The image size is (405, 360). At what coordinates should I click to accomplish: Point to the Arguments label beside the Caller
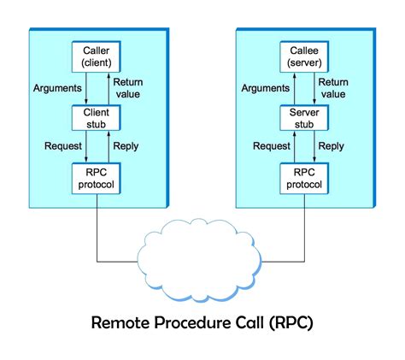pos(56,87)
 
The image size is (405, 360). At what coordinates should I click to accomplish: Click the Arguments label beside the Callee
pos(264,87)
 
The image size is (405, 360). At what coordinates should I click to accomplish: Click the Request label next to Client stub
pos(62,146)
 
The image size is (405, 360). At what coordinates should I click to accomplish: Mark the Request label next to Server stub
pos(271,146)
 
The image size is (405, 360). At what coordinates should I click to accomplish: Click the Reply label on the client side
pos(125,146)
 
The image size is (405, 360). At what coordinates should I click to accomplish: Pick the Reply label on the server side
pos(332,146)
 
